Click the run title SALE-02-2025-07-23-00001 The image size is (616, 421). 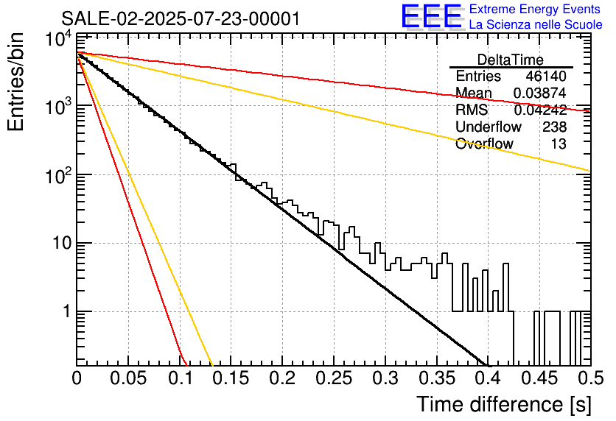coord(181,18)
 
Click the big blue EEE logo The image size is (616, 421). coord(431,18)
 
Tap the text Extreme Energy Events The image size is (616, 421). coord(536,10)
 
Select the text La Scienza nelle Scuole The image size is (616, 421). coord(536,24)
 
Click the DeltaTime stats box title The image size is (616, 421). coord(511,60)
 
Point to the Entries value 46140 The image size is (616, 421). coord(546,77)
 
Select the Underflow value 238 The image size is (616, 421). coord(554,127)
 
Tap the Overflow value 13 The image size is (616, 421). coord(559,144)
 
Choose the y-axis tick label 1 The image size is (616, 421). coord(65,312)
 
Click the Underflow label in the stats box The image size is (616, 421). coord(489,127)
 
